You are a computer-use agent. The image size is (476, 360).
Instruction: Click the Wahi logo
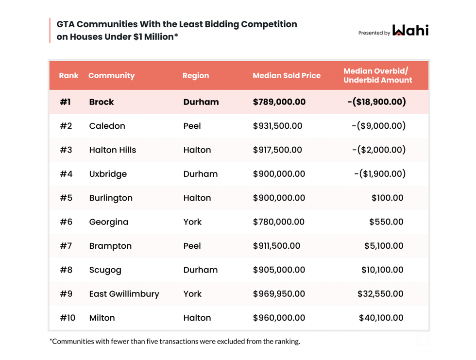pos(410,31)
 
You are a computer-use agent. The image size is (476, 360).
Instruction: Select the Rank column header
pos(68,76)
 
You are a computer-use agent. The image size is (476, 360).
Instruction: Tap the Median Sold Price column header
pos(287,76)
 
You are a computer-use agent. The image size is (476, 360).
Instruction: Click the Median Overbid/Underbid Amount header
pos(377,76)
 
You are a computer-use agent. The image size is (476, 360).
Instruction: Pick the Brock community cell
pos(102,102)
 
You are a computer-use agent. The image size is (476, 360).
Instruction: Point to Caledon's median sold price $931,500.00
pos(277,126)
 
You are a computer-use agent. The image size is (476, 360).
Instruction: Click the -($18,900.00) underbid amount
pos(376,102)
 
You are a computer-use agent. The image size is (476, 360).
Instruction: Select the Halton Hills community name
pos(113,150)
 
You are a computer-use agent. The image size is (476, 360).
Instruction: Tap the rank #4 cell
pos(66,174)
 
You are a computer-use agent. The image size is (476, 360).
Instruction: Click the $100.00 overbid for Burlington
pos(387,198)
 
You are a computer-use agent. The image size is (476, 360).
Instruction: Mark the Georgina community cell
pos(109,222)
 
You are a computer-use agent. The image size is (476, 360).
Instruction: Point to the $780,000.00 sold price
pos(279,222)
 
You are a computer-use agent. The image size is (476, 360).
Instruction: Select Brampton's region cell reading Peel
pos(192,246)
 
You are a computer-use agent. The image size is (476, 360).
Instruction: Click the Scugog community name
pos(105,270)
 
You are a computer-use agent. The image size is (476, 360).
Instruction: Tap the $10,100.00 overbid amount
pos(382,270)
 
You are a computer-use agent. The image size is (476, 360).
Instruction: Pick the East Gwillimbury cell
pos(124,294)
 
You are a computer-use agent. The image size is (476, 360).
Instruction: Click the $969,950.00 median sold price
pos(279,294)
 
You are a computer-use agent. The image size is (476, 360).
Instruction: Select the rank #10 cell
pos(68,318)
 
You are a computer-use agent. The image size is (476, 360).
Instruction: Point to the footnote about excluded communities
pos(174,341)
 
